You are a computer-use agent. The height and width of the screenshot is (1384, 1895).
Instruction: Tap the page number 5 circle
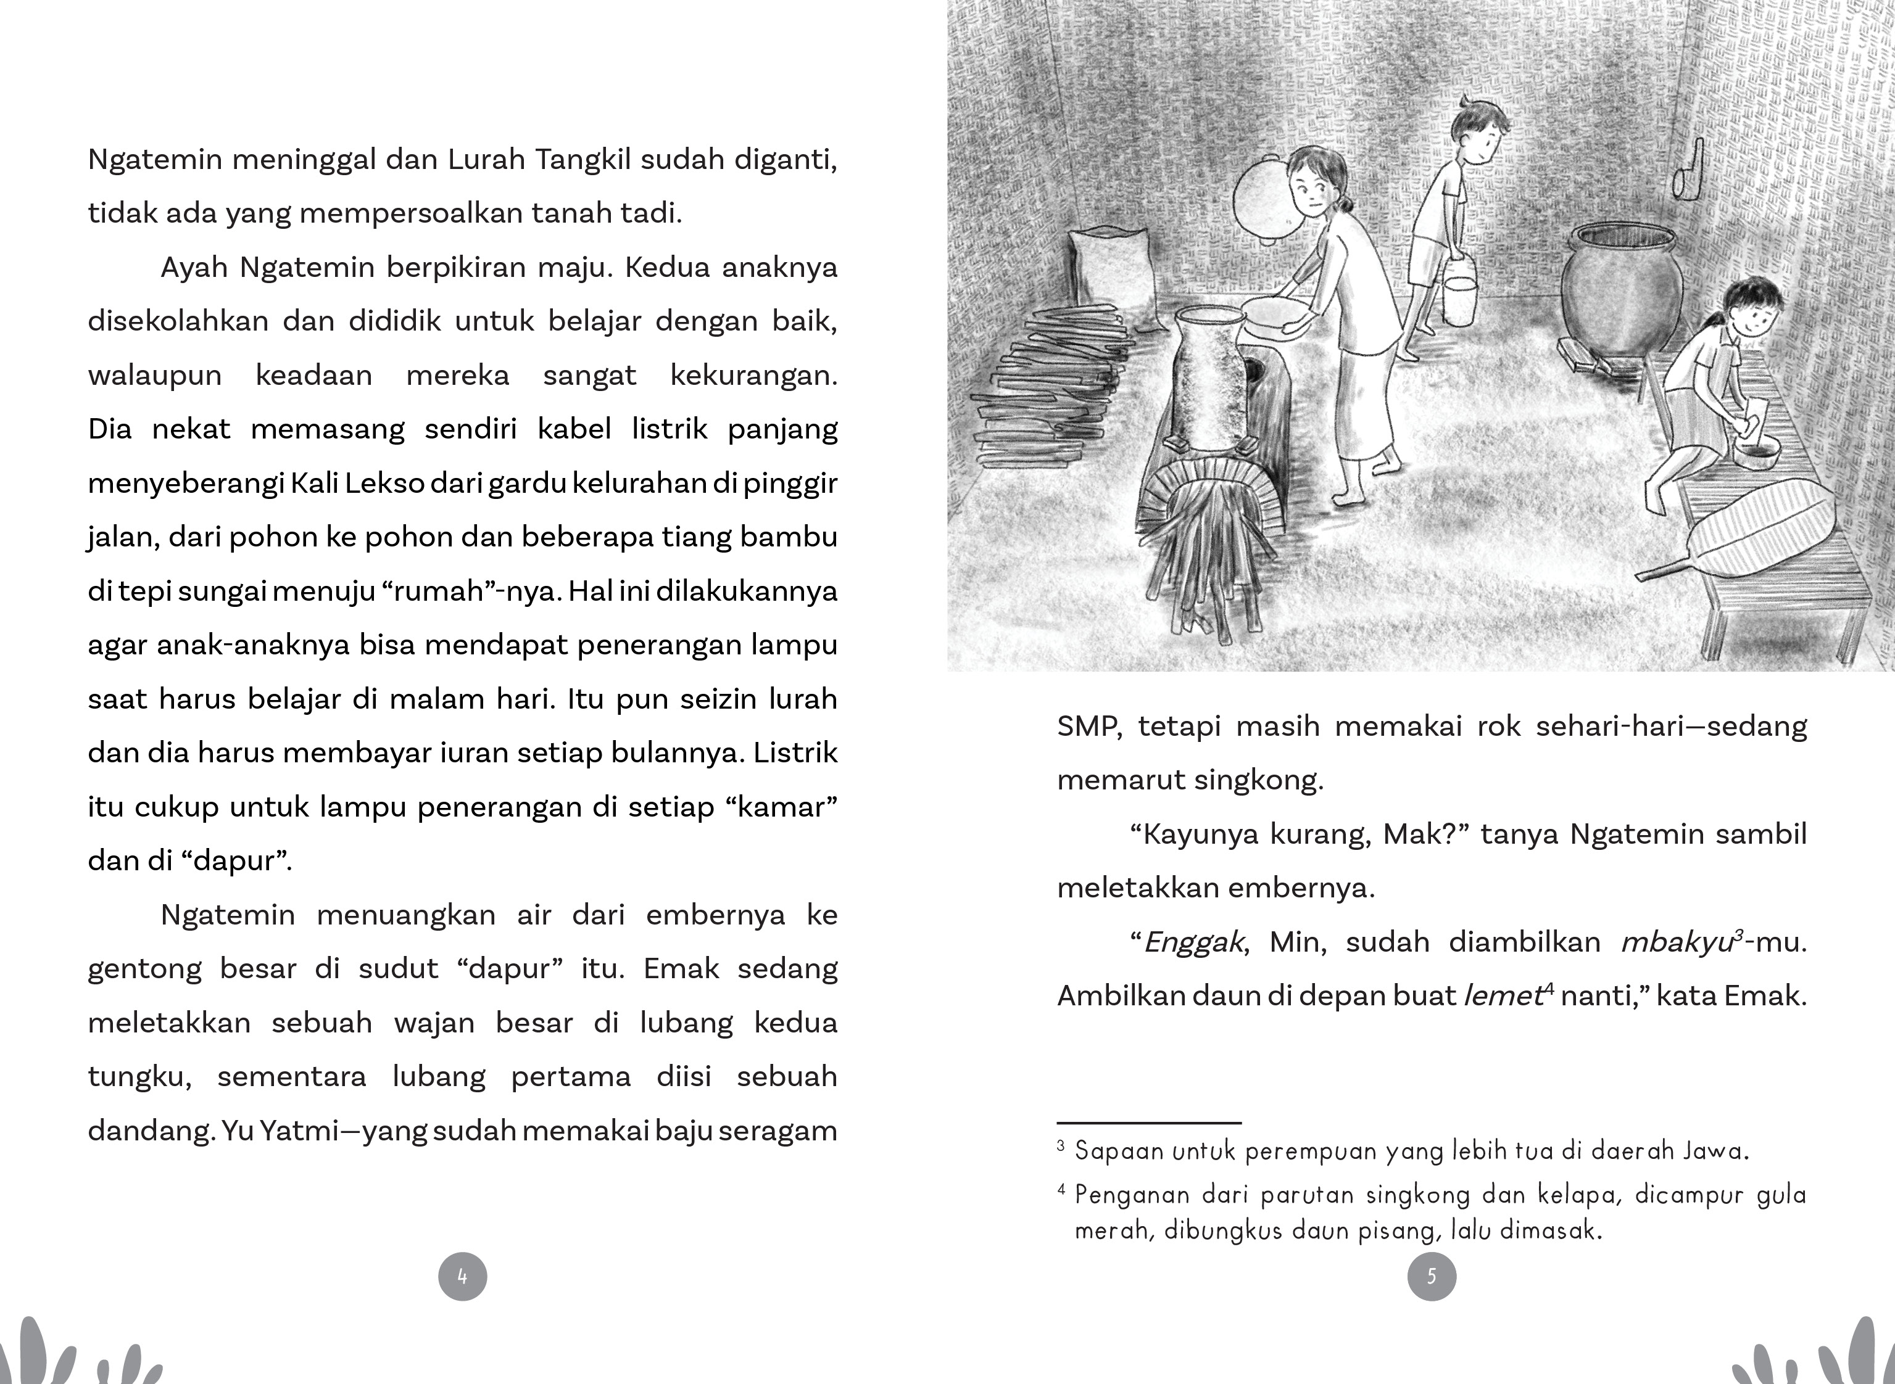[x=1432, y=1276]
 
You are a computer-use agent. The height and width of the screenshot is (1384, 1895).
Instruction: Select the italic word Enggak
[x=1193, y=942]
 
